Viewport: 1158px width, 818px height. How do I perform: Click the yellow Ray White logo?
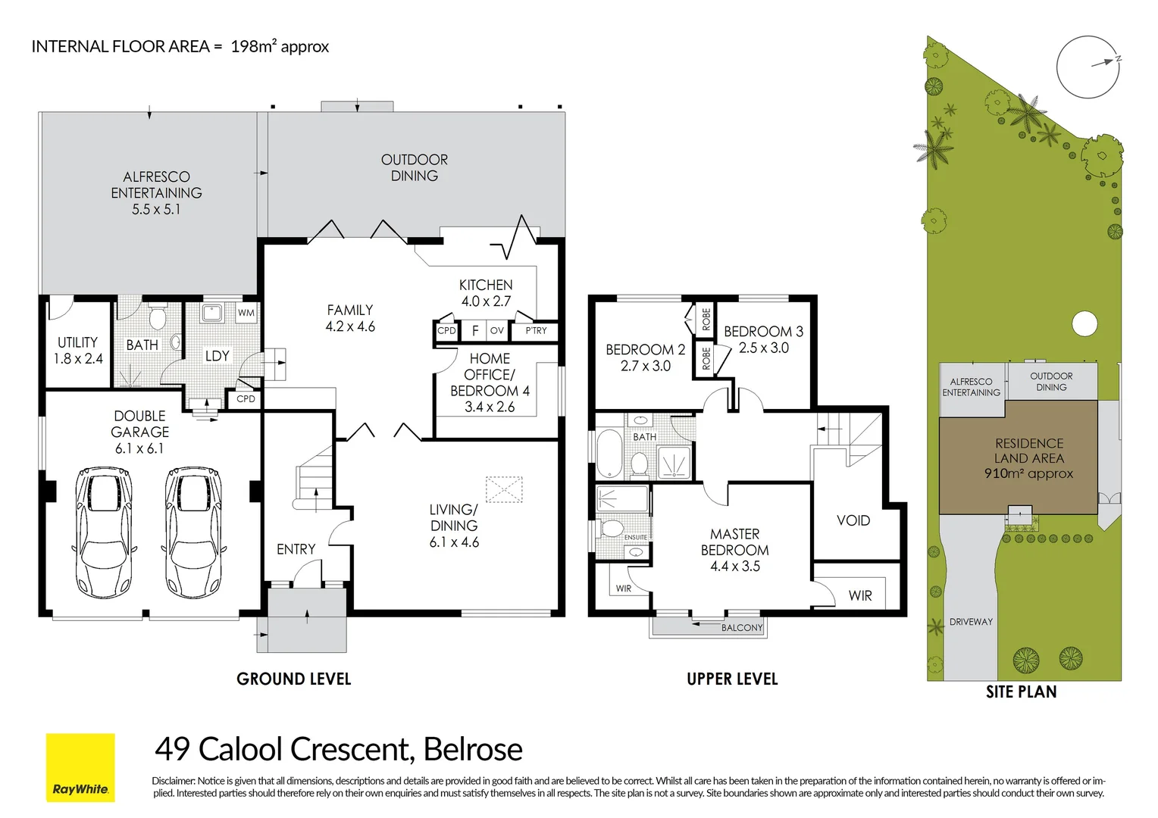click(80, 767)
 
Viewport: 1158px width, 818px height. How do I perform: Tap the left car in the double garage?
click(103, 532)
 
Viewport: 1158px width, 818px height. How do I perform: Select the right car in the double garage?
click(193, 532)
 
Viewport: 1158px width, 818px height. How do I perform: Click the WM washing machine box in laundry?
click(246, 313)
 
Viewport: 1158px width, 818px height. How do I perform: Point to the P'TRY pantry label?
click(536, 331)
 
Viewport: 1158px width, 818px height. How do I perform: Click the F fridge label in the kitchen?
click(475, 330)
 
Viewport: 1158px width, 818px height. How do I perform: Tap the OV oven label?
click(497, 330)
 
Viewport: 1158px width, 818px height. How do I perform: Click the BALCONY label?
click(742, 627)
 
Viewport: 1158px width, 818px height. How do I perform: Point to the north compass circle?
click(1088, 67)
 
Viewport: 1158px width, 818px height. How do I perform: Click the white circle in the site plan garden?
click(1084, 324)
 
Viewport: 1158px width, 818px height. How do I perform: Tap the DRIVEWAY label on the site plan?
click(971, 622)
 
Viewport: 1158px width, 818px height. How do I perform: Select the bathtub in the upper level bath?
click(609, 453)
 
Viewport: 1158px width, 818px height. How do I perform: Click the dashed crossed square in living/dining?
click(504, 489)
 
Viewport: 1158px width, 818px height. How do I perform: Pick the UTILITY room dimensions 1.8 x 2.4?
click(78, 358)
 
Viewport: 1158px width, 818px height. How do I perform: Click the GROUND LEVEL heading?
click(293, 679)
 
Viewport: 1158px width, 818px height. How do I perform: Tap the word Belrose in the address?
click(473, 749)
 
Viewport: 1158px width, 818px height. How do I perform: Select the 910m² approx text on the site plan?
click(1028, 473)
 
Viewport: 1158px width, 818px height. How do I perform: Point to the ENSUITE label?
click(635, 538)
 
